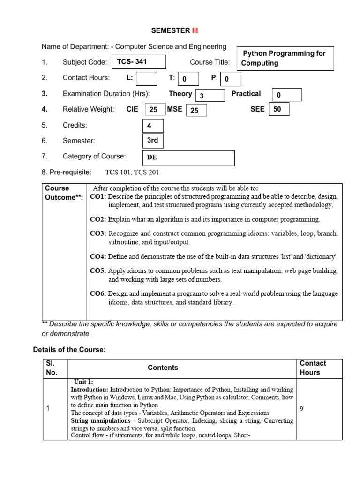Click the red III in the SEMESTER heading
[195, 31]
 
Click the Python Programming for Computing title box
[285, 58]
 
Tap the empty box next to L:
[147, 78]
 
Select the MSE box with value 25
[196, 110]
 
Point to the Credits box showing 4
[153, 126]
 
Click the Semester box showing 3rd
[153, 141]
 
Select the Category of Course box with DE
[188, 158]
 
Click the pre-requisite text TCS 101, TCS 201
[132, 172]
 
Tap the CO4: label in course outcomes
[98, 257]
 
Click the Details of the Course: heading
[69, 350]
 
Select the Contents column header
[163, 368]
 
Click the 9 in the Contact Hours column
[302, 409]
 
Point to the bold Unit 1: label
[83, 382]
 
